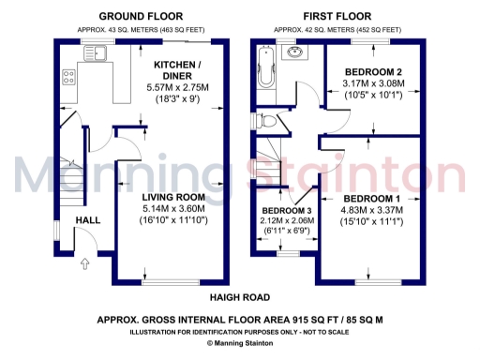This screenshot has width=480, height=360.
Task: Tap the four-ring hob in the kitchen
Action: (67, 78)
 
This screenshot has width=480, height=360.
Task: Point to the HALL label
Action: (88, 220)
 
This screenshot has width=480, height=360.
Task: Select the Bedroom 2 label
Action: (372, 72)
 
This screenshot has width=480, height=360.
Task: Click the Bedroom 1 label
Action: (371, 199)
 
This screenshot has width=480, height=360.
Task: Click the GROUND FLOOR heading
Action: (141, 17)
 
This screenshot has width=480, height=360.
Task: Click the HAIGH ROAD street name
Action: (238, 297)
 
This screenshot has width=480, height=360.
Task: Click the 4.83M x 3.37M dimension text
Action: (371, 210)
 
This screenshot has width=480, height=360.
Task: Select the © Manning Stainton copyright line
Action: (239, 343)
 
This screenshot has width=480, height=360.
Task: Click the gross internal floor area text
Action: (239, 320)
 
